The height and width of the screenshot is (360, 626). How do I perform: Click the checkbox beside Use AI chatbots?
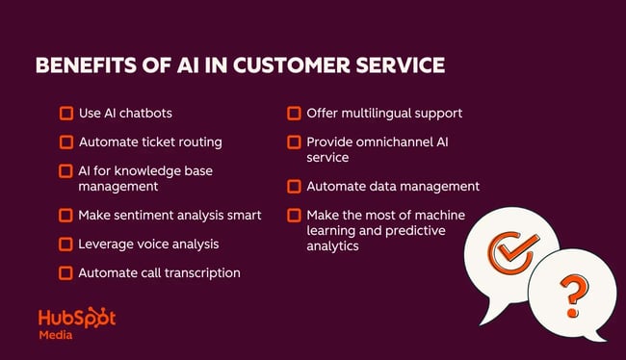tap(65, 114)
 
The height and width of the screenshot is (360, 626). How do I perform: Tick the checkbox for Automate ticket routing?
tap(65, 142)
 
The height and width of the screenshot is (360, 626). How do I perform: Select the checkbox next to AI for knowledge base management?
tap(65, 170)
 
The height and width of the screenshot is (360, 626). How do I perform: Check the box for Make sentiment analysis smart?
tap(65, 215)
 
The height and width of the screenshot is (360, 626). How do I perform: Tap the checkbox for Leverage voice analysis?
tap(65, 244)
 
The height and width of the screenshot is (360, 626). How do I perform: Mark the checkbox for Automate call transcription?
tap(65, 272)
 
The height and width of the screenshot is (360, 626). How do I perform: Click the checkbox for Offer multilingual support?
tap(294, 114)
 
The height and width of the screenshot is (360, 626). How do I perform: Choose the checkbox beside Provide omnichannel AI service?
tap(294, 142)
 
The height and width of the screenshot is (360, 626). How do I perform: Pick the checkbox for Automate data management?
tap(294, 186)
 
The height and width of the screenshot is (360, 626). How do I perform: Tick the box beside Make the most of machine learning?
tap(294, 215)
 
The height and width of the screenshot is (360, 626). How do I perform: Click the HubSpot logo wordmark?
tap(76, 319)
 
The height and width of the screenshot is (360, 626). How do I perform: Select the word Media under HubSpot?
tap(55, 336)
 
